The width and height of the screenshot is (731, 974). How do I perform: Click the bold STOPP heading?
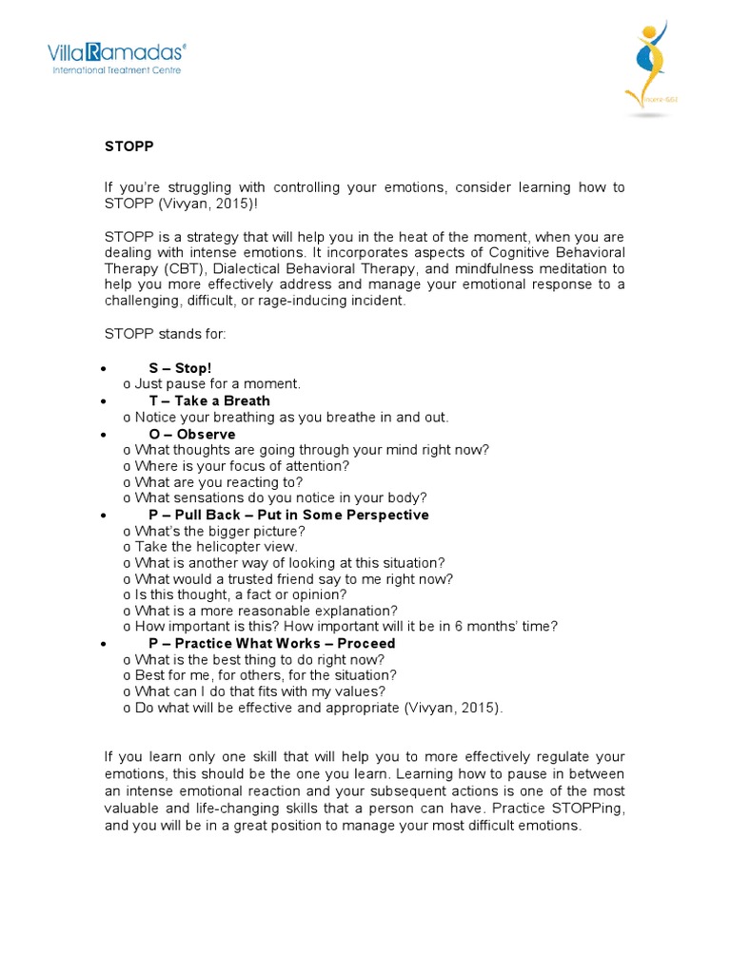coord(128,146)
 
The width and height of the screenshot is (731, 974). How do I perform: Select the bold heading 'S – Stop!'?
coord(180,367)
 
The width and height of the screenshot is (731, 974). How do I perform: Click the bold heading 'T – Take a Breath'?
coord(209,400)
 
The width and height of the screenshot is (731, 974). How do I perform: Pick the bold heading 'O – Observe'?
coord(192,434)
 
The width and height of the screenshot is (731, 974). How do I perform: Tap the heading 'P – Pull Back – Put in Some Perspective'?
coord(288,515)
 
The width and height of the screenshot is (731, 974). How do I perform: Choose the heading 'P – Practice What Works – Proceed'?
coord(271,643)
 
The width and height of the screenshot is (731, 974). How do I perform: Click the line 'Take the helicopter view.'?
coord(216,547)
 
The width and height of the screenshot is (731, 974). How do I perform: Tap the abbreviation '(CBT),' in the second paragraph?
coord(190,268)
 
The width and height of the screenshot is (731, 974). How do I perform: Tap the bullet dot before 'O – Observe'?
coord(103,435)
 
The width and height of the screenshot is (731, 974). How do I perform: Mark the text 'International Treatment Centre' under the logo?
coord(116,69)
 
